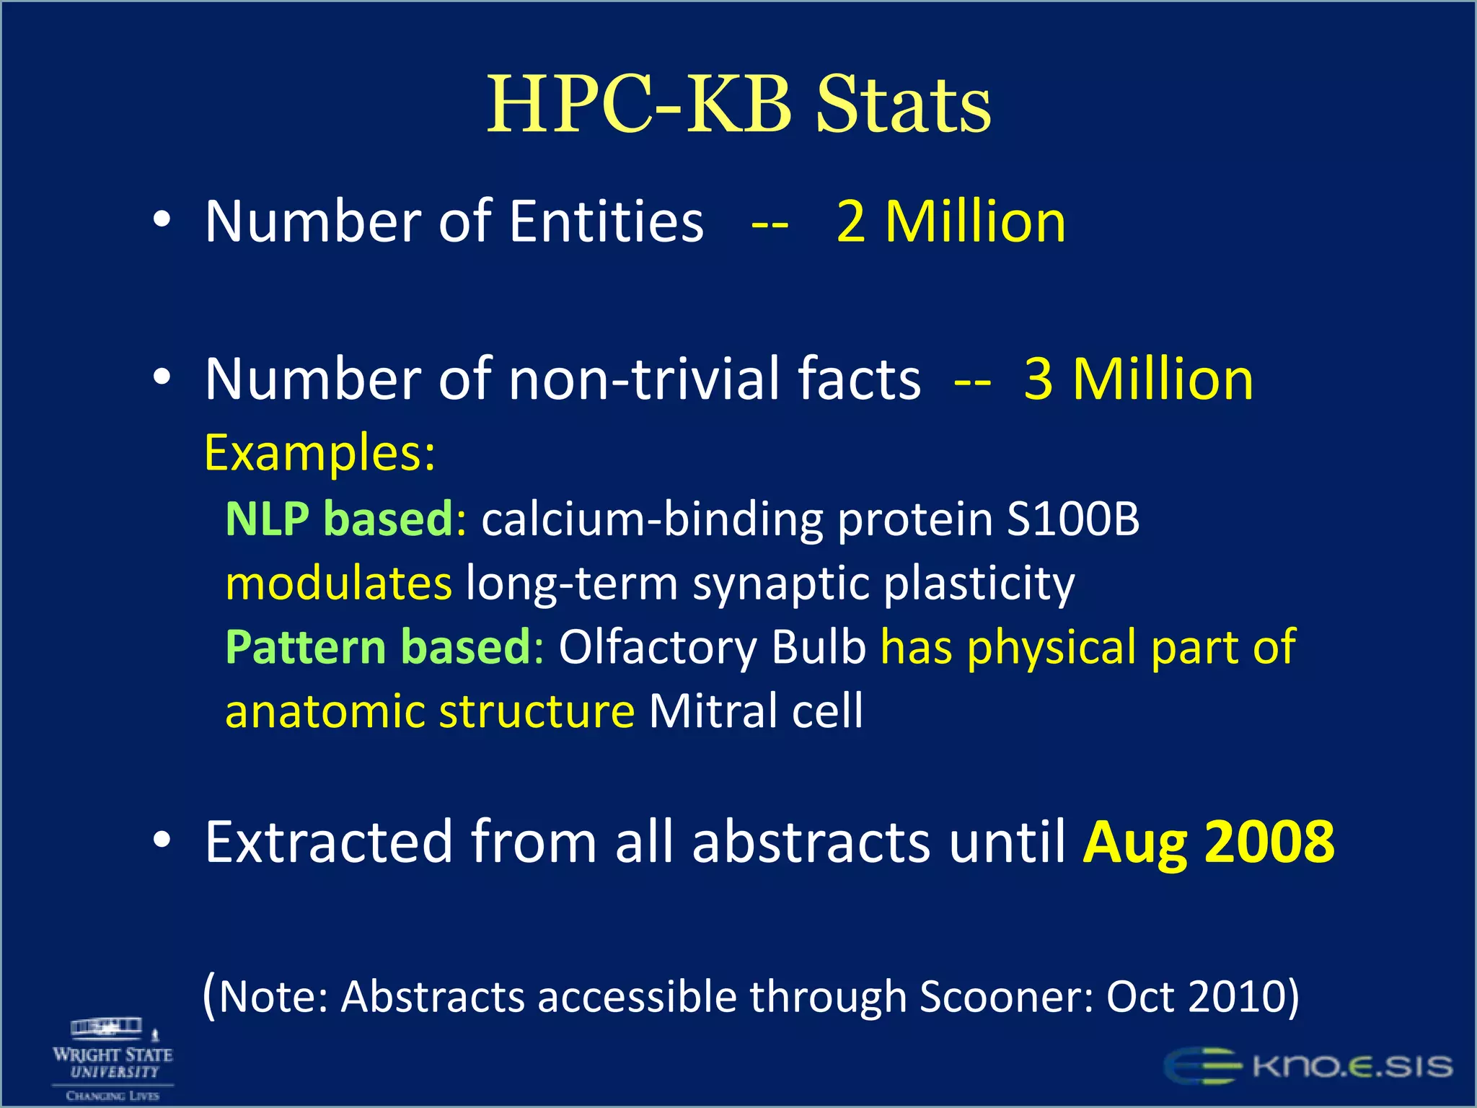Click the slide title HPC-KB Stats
738,105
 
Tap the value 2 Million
951,222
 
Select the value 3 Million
1138,379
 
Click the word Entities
606,222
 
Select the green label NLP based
339,519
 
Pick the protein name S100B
1072,519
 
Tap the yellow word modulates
339,583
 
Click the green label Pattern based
379,647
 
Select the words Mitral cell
755,711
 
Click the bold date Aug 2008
1209,842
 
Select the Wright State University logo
113,1059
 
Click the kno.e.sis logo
1308,1066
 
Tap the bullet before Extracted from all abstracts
162,839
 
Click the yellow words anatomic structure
430,711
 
